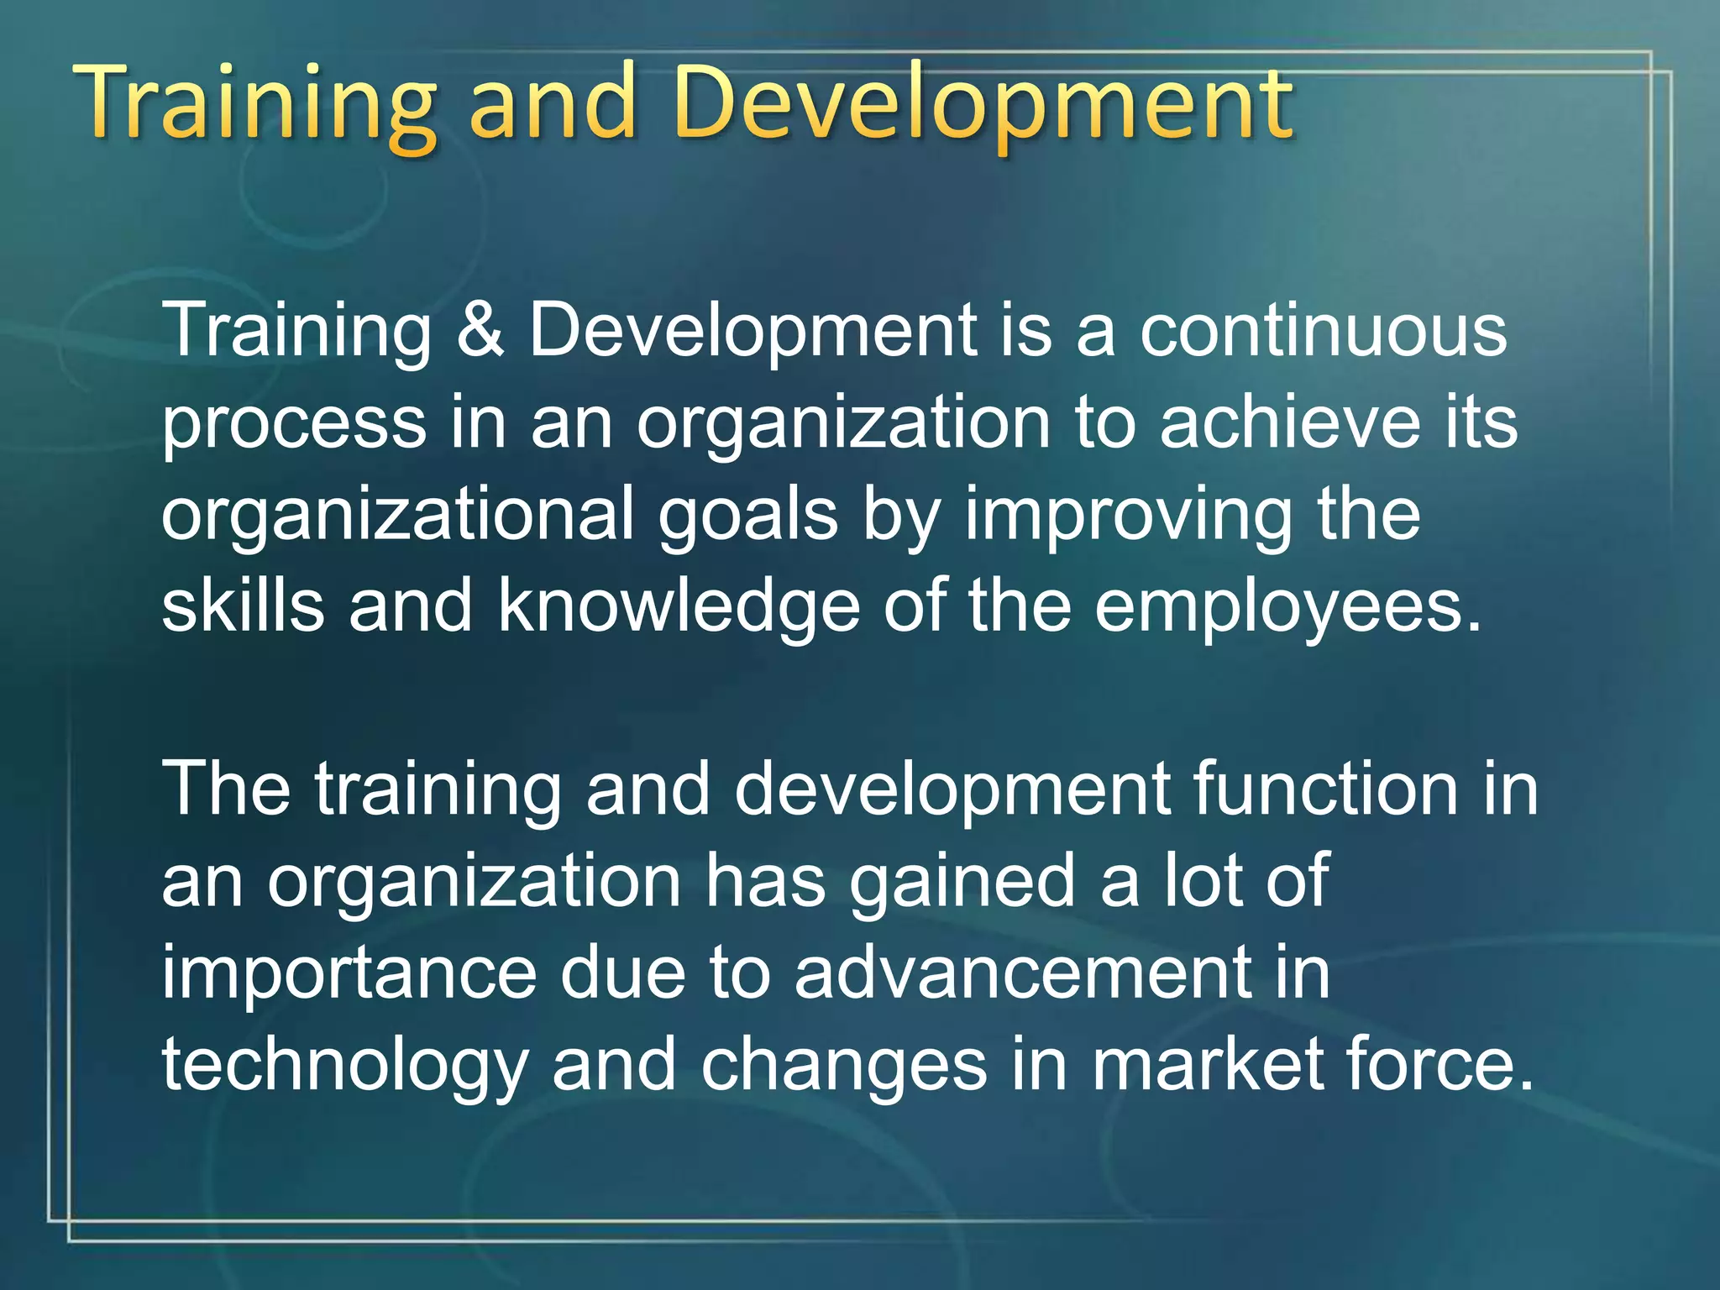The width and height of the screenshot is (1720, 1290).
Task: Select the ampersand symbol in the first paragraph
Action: [x=480, y=329]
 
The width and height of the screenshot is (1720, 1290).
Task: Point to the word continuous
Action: [x=1323, y=329]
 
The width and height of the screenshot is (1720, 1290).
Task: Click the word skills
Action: [x=243, y=606]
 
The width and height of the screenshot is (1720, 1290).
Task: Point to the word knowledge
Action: [x=679, y=607]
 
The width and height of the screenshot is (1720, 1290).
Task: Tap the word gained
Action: [x=962, y=882]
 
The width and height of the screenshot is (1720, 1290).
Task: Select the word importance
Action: [x=349, y=974]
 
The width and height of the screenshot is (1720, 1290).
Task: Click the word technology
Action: [x=344, y=1067]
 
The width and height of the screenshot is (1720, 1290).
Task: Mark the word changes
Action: [x=843, y=1067]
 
